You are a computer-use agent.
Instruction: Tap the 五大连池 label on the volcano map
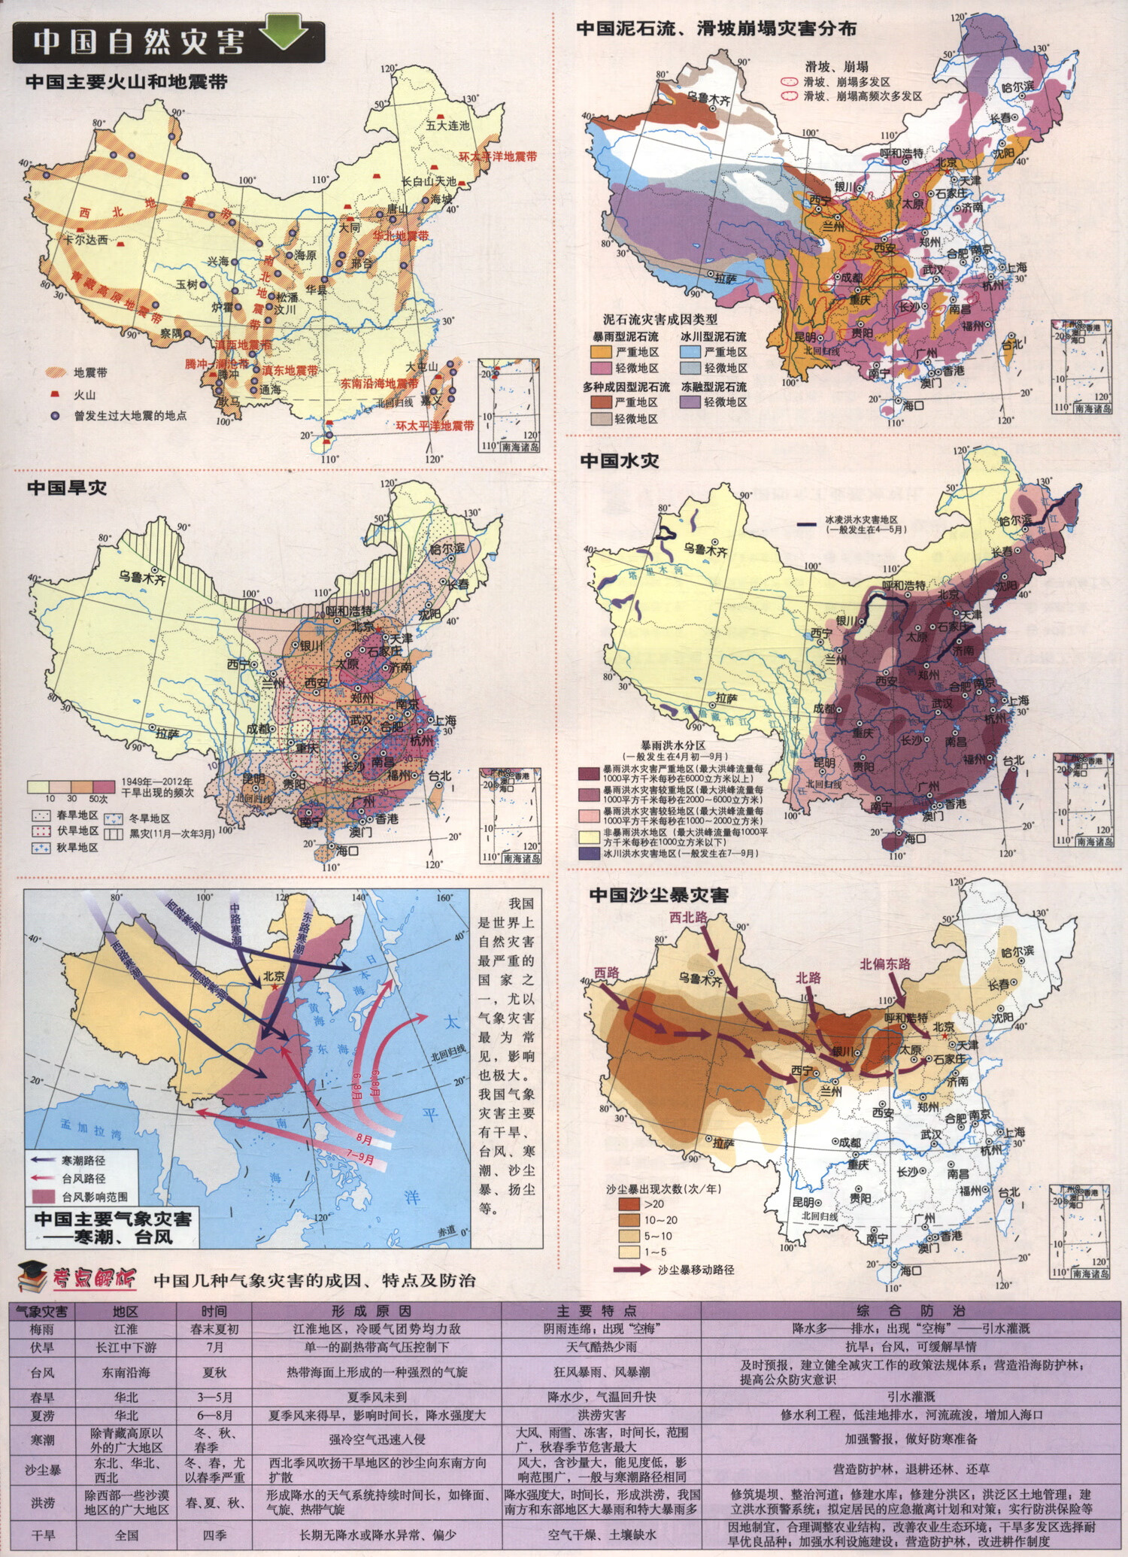(x=447, y=126)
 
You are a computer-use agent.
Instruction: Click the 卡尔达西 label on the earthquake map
(x=85, y=240)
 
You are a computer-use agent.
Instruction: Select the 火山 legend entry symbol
(x=55, y=394)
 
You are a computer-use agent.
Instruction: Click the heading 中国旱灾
(x=67, y=488)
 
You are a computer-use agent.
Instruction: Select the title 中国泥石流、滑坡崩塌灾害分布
(x=716, y=29)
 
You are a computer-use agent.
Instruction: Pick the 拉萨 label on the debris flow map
(x=725, y=278)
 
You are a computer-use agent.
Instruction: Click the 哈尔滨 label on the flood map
(x=1015, y=521)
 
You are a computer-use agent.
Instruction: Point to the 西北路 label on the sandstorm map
(x=688, y=917)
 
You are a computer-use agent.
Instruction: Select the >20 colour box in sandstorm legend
(x=629, y=1204)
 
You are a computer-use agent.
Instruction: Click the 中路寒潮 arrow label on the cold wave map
(x=235, y=924)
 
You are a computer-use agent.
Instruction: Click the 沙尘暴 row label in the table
(x=44, y=1470)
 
